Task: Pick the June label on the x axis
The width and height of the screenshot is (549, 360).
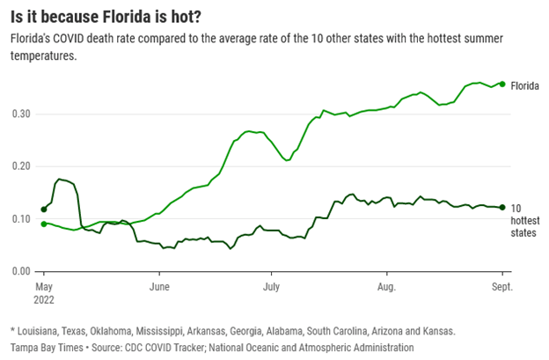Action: coord(159,287)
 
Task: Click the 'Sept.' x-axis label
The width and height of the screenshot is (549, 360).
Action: coord(501,287)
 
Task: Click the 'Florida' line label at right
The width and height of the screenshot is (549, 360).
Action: coord(525,85)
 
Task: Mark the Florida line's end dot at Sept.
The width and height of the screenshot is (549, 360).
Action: coord(501,84)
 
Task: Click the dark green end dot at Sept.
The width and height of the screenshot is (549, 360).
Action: coord(501,207)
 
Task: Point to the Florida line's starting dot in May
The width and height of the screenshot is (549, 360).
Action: coord(44,224)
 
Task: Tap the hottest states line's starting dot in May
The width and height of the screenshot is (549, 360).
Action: coord(44,209)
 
